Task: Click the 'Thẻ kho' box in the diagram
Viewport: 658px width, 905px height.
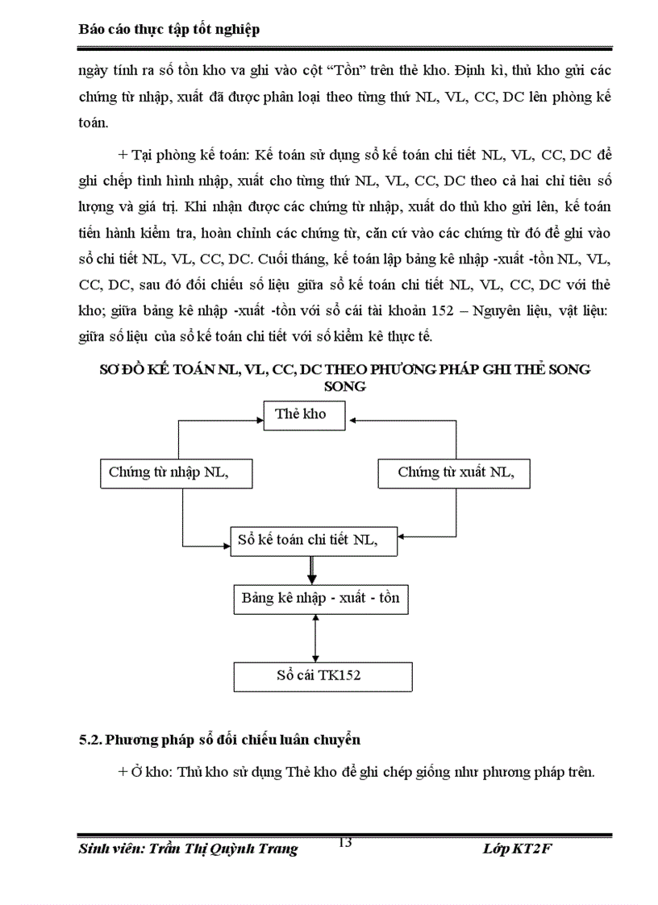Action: tap(306, 415)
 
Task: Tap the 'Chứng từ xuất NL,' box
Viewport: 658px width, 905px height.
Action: tap(454, 473)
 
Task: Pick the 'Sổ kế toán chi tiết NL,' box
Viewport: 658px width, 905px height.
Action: tap(314, 540)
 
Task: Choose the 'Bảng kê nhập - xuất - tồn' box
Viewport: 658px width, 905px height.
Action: tap(320, 600)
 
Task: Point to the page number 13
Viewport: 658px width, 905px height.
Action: tap(345, 843)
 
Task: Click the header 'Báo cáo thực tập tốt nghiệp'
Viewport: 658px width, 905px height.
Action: tap(169, 30)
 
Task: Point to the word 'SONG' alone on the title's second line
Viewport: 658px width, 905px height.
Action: tap(344, 387)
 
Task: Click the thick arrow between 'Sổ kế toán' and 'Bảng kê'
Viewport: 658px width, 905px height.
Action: tap(310, 571)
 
